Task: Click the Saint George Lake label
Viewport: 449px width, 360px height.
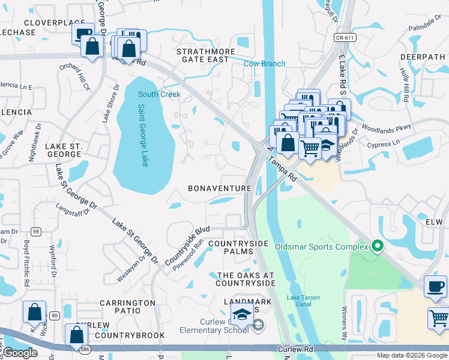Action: point(143,136)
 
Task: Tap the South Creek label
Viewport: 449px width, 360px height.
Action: point(159,94)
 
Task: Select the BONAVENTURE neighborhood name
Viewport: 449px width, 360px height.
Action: point(219,188)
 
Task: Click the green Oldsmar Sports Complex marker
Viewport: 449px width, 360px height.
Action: point(377,245)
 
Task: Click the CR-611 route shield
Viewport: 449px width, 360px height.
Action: point(342,37)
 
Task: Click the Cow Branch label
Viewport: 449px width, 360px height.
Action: point(264,64)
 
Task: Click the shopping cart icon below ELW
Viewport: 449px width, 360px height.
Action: point(439,317)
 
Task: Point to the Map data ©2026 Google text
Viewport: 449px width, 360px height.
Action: point(411,355)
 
